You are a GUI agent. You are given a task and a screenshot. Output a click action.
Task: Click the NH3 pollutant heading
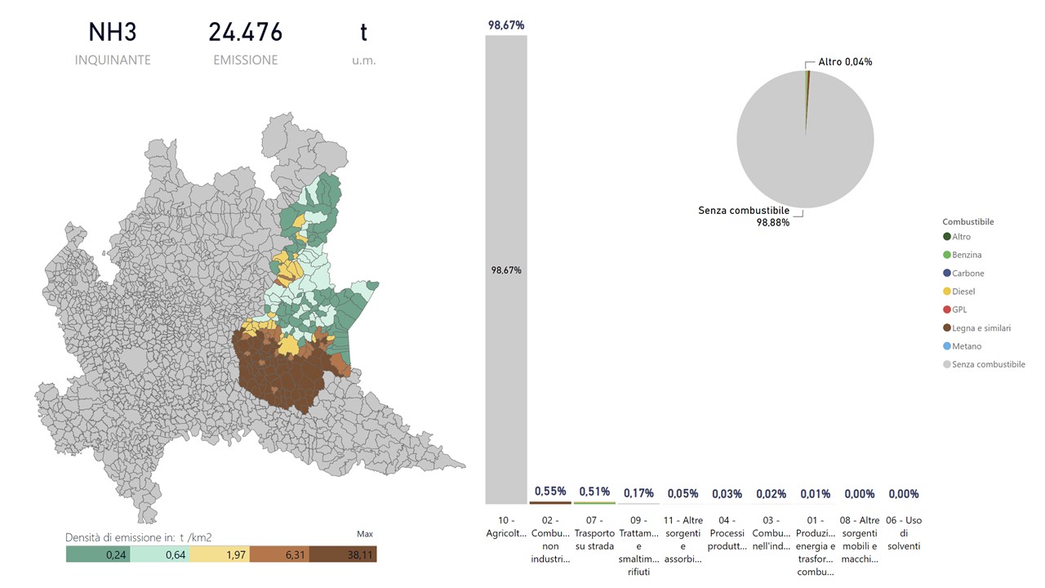tap(113, 33)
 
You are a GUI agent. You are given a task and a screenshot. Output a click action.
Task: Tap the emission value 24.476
tap(245, 33)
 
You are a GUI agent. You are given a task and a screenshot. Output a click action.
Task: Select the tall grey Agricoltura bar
tap(506, 269)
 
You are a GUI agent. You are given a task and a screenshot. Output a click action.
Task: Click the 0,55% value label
tap(550, 492)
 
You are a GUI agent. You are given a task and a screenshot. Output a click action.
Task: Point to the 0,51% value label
tap(594, 492)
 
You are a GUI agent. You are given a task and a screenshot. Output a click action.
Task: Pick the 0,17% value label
tap(638, 493)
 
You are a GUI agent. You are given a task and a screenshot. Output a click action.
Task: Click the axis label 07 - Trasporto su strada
tap(594, 532)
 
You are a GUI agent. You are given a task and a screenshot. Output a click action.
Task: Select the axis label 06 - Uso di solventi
tap(904, 532)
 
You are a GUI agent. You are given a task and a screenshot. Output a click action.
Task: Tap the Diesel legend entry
tap(963, 292)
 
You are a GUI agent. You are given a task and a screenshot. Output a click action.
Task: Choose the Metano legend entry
tap(967, 346)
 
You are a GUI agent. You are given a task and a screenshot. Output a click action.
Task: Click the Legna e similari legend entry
tap(981, 328)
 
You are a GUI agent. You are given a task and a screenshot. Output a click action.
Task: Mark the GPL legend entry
tap(961, 310)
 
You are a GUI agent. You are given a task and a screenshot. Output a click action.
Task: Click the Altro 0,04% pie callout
tap(845, 62)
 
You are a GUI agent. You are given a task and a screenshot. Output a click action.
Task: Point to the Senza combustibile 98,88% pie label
tap(744, 216)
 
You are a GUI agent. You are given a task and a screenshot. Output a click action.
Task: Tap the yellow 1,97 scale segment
tap(220, 555)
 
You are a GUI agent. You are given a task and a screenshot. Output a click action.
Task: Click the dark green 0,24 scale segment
tap(97, 555)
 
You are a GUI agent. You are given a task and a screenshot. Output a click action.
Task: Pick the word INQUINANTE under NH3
tap(113, 60)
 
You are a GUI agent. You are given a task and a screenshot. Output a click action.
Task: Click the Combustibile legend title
tap(968, 221)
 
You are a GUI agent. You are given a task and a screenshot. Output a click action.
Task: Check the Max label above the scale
tap(365, 534)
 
